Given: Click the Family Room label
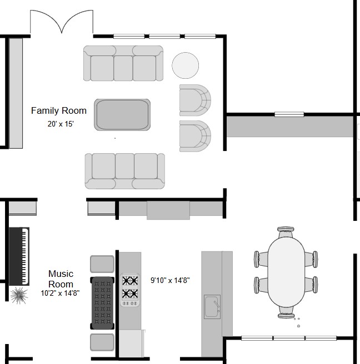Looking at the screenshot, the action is [59, 111].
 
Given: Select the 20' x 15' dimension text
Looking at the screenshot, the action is [61, 124].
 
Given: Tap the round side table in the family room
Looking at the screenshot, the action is [185, 65].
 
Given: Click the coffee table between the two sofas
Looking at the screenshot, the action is [122, 115].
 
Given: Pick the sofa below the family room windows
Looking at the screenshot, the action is [123, 63].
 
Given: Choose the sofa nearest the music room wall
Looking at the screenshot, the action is [125, 171].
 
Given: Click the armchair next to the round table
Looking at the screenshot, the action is [195, 100].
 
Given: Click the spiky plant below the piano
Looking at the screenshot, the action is [19, 296].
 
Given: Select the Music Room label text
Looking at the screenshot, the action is [61, 279].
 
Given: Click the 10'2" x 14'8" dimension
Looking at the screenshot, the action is [60, 293].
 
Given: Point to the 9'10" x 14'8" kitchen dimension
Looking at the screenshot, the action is [170, 280].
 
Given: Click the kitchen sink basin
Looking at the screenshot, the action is [212, 306].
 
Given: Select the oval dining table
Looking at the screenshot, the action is [286, 272].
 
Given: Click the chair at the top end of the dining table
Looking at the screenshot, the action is [286, 232].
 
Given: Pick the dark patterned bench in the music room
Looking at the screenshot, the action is [102, 303].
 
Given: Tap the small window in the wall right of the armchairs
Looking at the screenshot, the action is [289, 114].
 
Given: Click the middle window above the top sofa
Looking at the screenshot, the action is [164, 36].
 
